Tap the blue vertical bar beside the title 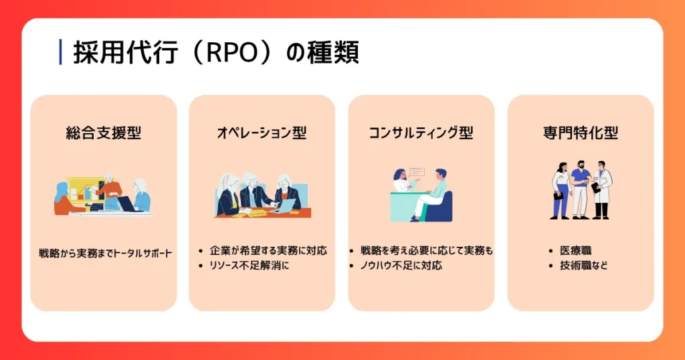click(61, 52)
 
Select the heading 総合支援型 click(104, 132)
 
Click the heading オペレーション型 click(262, 132)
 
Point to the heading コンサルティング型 click(421, 132)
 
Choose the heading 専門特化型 click(580, 132)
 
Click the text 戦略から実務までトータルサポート click(104, 254)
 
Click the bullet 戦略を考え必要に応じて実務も click(425, 251)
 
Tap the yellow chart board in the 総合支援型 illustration click(83, 188)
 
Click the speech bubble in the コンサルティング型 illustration click(417, 172)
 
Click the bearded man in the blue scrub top click(580, 189)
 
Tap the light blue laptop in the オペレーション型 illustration click(283, 207)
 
